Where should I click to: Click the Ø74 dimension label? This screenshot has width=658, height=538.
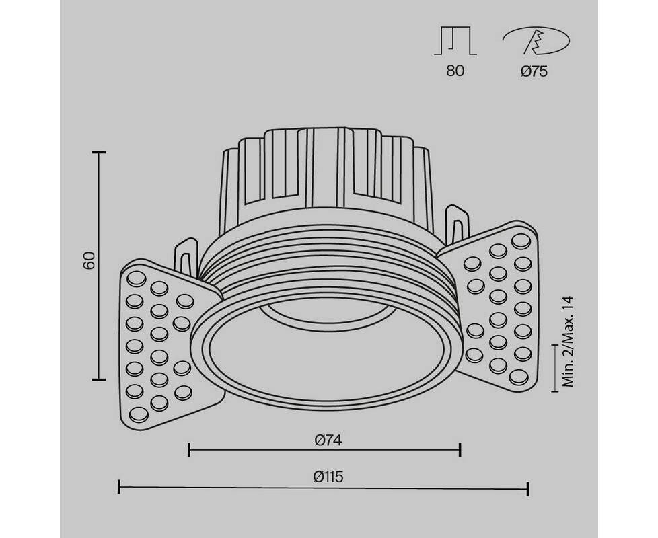(x=328, y=440)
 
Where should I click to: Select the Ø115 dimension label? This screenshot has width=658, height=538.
(x=328, y=477)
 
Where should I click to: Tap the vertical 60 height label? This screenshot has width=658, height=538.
(x=89, y=260)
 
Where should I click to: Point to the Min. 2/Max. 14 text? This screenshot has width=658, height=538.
(x=567, y=342)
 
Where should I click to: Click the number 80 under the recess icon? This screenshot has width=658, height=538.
(x=455, y=71)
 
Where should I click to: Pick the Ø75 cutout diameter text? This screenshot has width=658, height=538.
(x=534, y=71)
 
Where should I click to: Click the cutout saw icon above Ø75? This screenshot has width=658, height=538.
(x=536, y=41)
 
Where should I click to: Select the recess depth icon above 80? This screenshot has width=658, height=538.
(x=455, y=40)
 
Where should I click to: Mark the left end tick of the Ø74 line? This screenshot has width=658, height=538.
(x=189, y=449)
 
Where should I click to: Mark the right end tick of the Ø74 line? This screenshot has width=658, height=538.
(x=460, y=449)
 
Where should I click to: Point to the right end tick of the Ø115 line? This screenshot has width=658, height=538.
(x=528, y=488)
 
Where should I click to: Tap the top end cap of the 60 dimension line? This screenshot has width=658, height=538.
(x=99, y=153)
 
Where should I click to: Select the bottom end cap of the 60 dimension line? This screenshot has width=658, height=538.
(x=99, y=379)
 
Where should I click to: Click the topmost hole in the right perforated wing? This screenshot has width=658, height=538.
(x=521, y=241)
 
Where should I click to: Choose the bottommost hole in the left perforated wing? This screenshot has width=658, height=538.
(x=139, y=414)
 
